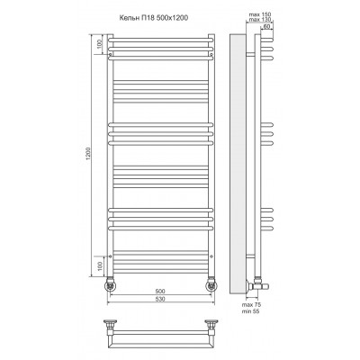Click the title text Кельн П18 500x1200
click(x=154, y=18)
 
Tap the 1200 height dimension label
click(x=88, y=155)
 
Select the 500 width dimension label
click(x=161, y=292)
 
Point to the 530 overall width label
click(x=161, y=299)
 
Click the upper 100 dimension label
click(x=100, y=44)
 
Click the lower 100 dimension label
click(x=100, y=265)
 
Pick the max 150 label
click(x=260, y=14)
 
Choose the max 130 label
click(x=260, y=20)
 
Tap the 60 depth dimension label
click(x=266, y=26)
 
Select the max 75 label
click(x=251, y=305)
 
